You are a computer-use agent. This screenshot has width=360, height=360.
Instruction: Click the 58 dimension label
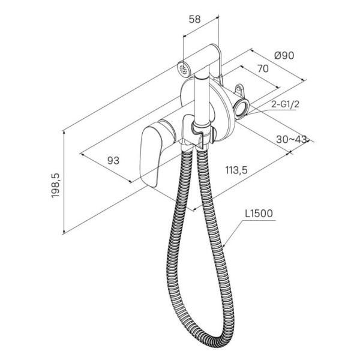point(194,19)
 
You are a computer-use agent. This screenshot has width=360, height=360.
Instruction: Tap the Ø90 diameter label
point(284,56)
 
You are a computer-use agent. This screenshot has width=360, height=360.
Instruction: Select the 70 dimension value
point(263,68)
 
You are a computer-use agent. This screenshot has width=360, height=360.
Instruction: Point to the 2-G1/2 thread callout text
point(286,104)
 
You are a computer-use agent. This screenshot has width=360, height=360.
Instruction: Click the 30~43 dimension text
point(292,139)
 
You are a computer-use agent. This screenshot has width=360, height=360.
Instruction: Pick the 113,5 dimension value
point(236,170)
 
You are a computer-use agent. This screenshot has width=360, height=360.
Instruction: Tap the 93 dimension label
point(113,160)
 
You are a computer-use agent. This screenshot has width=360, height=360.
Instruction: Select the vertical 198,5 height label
point(55,185)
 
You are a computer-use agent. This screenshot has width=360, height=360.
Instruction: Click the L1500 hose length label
point(259,214)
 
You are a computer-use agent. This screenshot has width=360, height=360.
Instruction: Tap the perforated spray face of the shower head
point(183,69)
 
